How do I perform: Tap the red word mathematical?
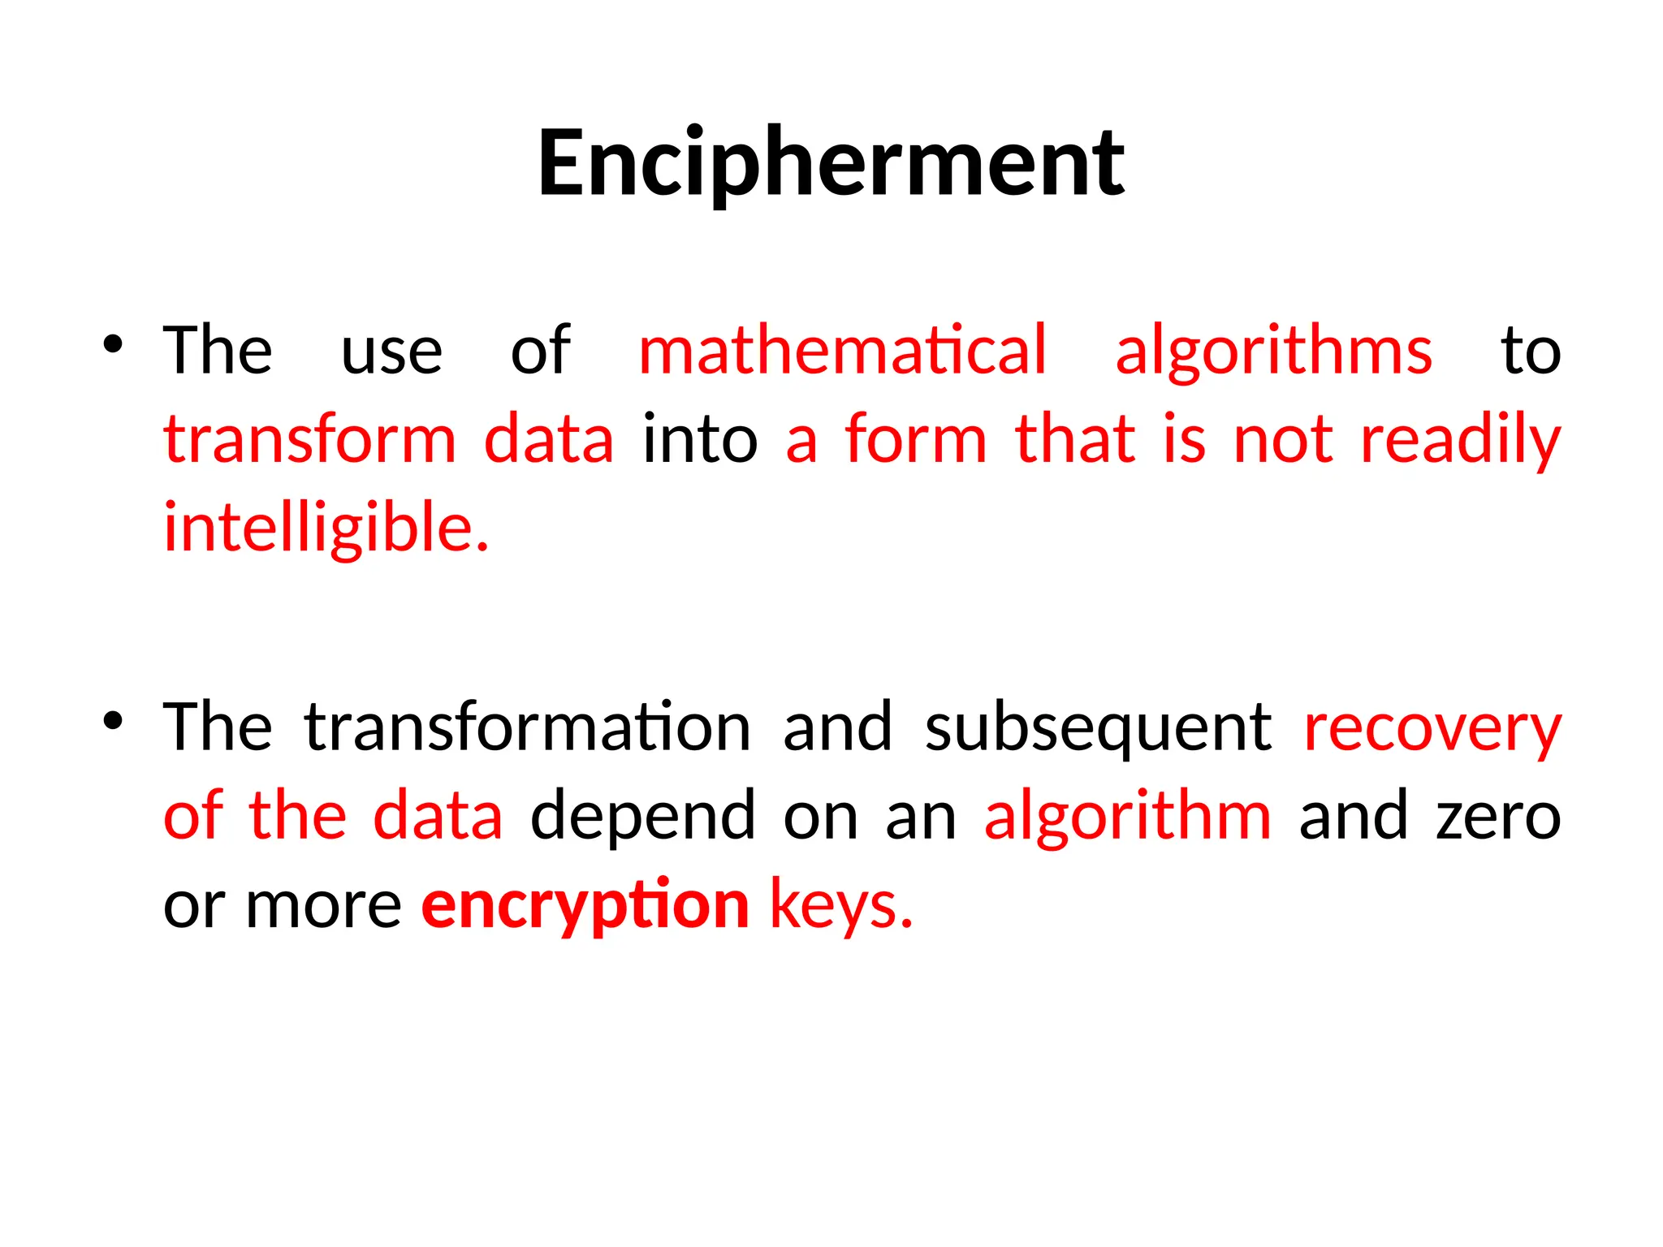[843, 350]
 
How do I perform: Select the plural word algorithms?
[1273, 352]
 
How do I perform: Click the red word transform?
[310, 439]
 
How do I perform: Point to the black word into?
[700, 439]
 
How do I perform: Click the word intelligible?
[326, 529]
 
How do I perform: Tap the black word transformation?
[528, 727]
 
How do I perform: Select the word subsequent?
[1098, 728]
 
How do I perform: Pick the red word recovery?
[1432, 728]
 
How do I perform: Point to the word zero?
[1498, 817]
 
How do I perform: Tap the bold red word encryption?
[585, 906]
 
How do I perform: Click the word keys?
[841, 906]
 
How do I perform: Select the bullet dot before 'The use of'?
[113, 344]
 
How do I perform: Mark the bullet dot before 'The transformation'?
[113, 720]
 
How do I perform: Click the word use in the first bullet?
[391, 352]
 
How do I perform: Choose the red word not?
[1283, 439]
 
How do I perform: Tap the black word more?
[323, 906]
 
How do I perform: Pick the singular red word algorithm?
[1127, 817]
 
